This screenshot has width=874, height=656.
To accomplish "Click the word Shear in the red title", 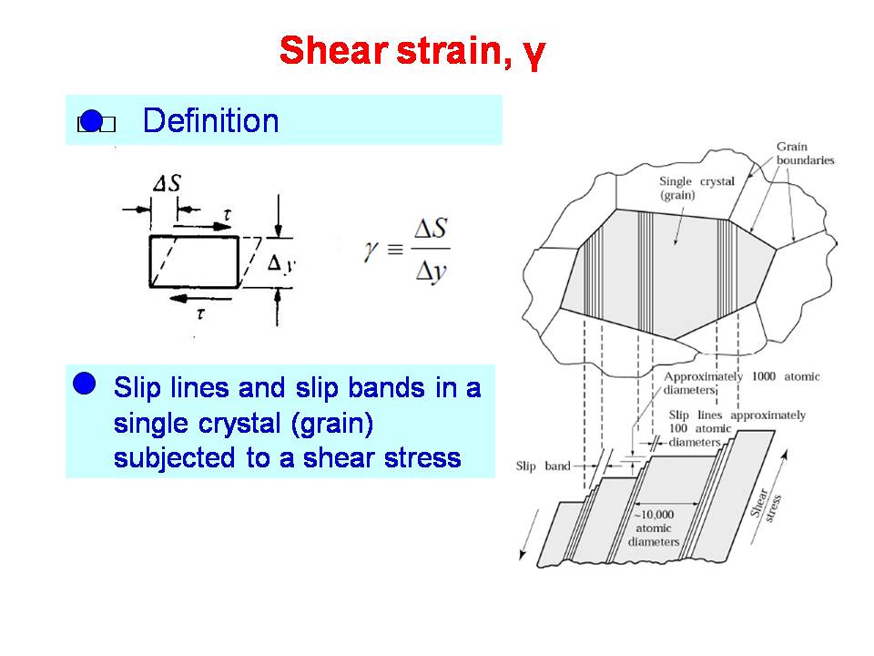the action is point(333,50).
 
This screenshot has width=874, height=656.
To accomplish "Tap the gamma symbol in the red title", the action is point(534,55).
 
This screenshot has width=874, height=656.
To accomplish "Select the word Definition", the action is point(210,120).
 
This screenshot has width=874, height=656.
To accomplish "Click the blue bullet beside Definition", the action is point(92,120).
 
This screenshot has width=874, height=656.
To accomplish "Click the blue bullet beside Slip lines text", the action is point(84,384).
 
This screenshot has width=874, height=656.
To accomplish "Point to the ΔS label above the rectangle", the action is point(168,183).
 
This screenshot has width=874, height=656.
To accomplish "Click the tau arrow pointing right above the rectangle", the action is point(202,227).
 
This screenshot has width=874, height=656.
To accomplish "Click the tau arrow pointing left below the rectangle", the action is point(199,299).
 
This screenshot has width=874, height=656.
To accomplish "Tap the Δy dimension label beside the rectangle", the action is point(281,264).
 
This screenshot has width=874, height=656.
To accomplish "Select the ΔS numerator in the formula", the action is point(431,229).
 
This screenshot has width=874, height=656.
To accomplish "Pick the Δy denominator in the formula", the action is point(431,272).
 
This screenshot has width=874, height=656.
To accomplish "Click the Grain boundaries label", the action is point(805,153).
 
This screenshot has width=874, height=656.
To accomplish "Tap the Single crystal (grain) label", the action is point(696,188).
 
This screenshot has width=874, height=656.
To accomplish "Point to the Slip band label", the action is point(543,466).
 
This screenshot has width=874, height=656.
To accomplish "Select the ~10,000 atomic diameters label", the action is point(654,528).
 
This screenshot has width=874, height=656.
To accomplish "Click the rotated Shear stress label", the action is point(767,506).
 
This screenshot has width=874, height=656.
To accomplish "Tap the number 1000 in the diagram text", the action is point(764,376).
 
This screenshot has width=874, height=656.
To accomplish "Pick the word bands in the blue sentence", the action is point(386,388).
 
